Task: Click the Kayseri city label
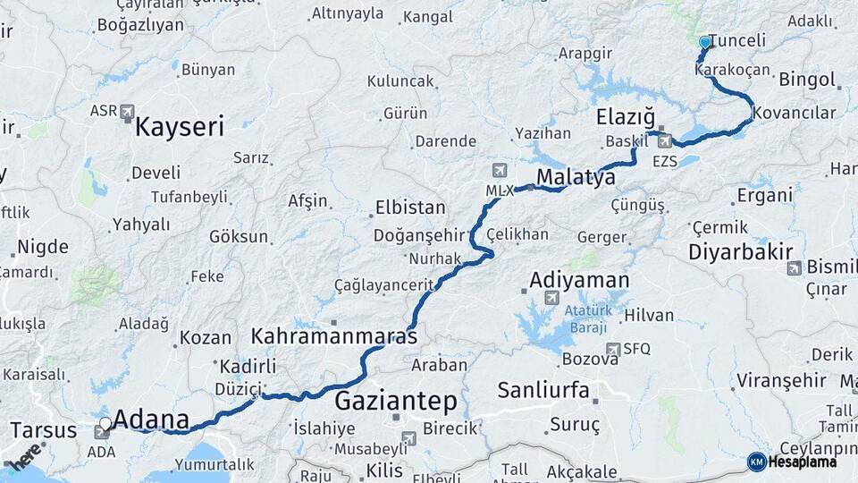click(x=179, y=127)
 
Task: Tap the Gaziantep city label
click(x=396, y=400)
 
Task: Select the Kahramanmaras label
click(x=334, y=337)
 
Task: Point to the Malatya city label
click(x=576, y=177)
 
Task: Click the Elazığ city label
click(x=626, y=118)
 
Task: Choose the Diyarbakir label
click(x=740, y=252)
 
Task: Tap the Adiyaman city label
click(x=579, y=280)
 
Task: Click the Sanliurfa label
click(x=543, y=389)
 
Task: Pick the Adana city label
click(x=152, y=419)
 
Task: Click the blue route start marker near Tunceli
click(x=705, y=41)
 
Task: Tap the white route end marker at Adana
click(x=105, y=423)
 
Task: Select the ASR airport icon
click(x=126, y=112)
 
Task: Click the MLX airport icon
click(x=499, y=170)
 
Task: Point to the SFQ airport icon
click(x=612, y=349)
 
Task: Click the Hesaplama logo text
click(x=803, y=462)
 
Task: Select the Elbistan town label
click(x=412, y=208)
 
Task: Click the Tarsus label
click(x=43, y=430)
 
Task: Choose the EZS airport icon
click(x=663, y=140)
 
